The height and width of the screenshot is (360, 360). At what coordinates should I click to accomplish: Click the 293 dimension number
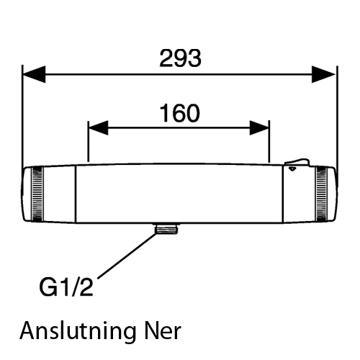click(180, 58)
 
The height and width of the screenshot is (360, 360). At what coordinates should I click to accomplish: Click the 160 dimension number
click(180, 113)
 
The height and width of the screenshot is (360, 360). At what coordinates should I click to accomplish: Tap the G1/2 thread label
click(66, 287)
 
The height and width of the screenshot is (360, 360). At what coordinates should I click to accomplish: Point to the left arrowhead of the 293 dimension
click(34, 74)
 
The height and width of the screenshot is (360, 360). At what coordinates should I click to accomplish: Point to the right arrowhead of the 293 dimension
click(323, 74)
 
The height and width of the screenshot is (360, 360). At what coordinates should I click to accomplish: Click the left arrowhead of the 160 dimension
click(99, 128)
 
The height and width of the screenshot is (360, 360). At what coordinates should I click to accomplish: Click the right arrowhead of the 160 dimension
click(259, 128)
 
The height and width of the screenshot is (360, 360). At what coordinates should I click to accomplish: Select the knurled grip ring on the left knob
click(37, 194)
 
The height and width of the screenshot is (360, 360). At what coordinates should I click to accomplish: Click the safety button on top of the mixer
click(297, 162)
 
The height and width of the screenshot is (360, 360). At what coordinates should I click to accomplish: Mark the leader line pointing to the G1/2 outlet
click(127, 256)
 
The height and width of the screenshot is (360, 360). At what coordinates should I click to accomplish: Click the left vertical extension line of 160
click(89, 142)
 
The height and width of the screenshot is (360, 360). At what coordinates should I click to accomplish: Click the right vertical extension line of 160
click(269, 142)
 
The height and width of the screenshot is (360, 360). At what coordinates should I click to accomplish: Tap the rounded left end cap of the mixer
click(27, 194)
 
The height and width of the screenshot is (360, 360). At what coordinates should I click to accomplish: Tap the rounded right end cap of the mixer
click(332, 194)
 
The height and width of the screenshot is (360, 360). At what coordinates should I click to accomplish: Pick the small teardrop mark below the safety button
click(292, 169)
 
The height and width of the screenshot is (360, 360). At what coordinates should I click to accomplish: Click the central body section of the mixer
click(179, 194)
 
